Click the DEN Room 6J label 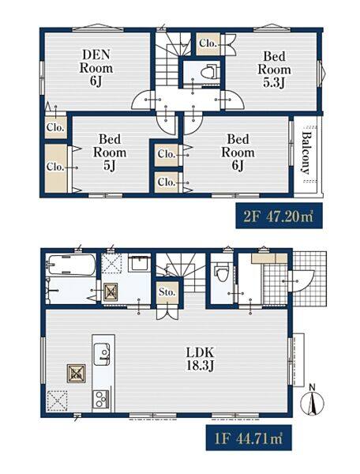tap(96, 68)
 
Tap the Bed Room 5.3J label tap(274, 70)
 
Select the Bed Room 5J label tap(110, 152)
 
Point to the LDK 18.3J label tap(200, 359)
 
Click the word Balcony tap(306, 153)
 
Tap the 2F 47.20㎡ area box tap(279, 216)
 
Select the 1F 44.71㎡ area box tap(249, 438)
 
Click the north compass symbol tap(313, 401)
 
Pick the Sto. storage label tap(167, 292)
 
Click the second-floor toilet tap(209, 72)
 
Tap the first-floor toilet tap(223, 271)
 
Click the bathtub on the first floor tap(71, 265)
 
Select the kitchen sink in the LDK tap(102, 354)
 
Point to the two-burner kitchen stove tap(101, 399)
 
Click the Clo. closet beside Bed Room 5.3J tap(208, 43)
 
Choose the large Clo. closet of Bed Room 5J tap(56, 167)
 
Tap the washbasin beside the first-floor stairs tap(139, 263)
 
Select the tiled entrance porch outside tap(309, 278)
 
